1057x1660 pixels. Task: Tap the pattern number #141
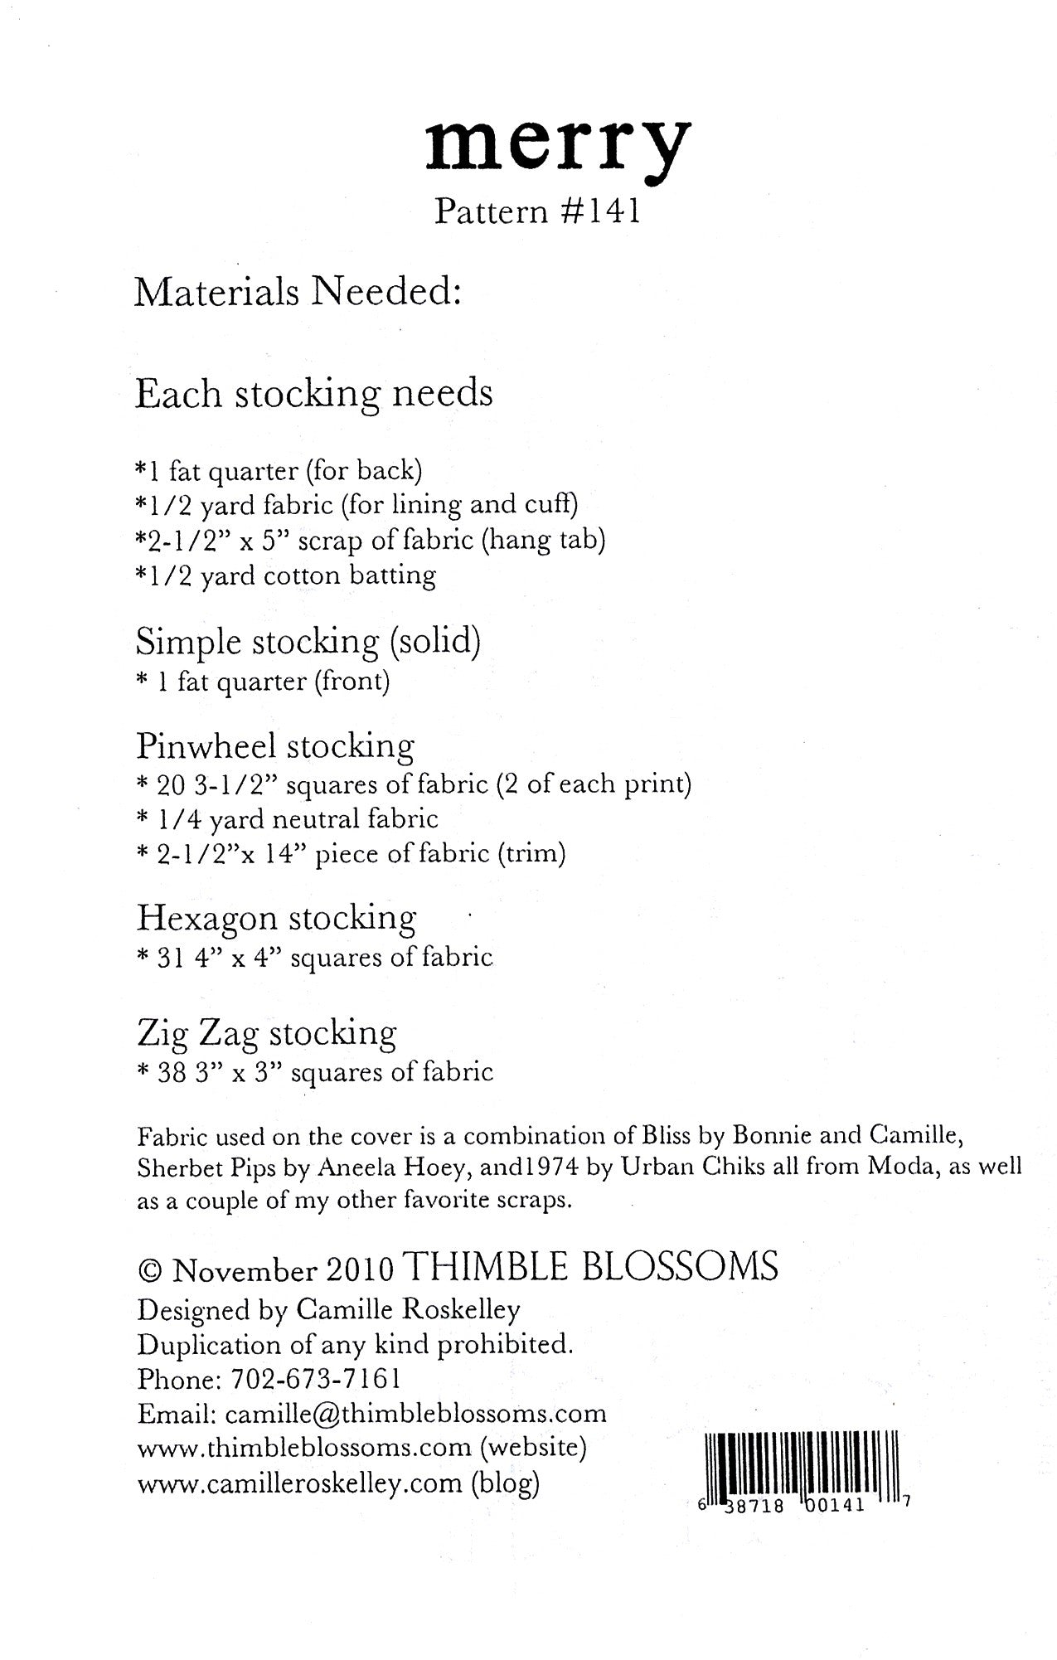click(598, 212)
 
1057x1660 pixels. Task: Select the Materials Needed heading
click(298, 291)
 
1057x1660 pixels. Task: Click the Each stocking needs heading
click(313, 393)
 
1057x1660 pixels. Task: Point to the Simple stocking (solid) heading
click(308, 642)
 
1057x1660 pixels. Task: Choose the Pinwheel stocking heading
click(275, 745)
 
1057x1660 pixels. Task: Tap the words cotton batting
click(349, 575)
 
